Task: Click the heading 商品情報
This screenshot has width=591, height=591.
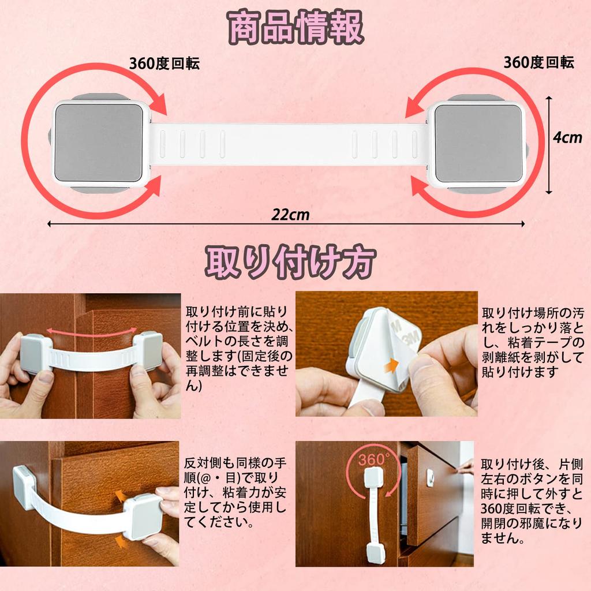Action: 295,29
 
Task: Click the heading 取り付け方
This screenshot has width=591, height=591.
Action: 291,263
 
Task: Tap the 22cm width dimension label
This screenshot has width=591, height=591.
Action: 291,215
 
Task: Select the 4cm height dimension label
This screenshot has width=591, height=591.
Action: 567,139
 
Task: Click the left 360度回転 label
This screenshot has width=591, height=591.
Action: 164,63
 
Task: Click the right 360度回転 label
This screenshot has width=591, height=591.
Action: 538,62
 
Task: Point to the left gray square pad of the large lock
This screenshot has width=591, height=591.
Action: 99,142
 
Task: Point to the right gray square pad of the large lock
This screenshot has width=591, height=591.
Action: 478,142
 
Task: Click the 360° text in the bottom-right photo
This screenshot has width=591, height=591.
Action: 373,460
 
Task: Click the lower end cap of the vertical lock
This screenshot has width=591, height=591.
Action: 375,552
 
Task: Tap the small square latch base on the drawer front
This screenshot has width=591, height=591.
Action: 429,477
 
